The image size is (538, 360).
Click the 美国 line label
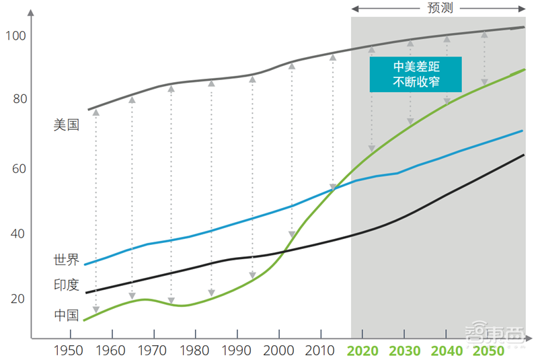(67, 124)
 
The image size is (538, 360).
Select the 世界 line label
(67, 259)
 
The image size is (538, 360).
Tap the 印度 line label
(67, 285)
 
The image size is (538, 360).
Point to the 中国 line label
(67, 315)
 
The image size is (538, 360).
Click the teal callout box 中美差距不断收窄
(416, 74)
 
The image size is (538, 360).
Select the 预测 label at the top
(438, 8)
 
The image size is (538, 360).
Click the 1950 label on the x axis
(70, 351)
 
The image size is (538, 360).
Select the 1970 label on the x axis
(153, 351)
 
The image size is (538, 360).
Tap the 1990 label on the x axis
(237, 351)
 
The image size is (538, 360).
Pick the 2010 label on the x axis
(319, 351)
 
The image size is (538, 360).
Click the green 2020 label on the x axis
(363, 351)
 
